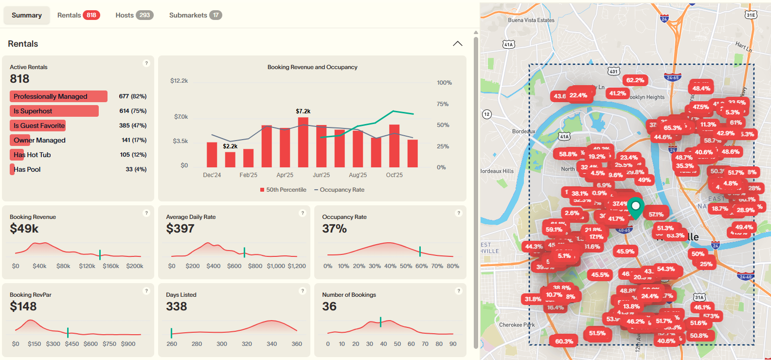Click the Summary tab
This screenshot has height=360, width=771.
tap(27, 15)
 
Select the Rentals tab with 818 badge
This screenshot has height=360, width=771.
tap(78, 15)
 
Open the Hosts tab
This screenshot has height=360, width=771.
tap(134, 15)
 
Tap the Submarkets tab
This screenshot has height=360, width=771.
tap(195, 15)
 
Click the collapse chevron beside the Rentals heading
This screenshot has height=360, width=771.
tap(457, 44)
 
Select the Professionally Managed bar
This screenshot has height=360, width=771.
tap(58, 96)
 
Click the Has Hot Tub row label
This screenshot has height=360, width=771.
tap(32, 155)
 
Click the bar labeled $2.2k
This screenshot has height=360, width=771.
tap(230, 159)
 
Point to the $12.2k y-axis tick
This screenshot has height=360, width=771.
tap(179, 81)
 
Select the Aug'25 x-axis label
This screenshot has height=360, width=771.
tap(358, 175)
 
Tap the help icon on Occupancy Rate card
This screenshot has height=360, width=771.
tap(458, 213)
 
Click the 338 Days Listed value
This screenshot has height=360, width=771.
tap(176, 306)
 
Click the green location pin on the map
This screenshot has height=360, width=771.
tap(635, 207)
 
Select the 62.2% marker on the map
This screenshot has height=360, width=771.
tap(635, 80)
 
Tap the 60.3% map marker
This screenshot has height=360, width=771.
tap(564, 342)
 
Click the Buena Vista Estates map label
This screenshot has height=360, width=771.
tap(531, 20)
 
